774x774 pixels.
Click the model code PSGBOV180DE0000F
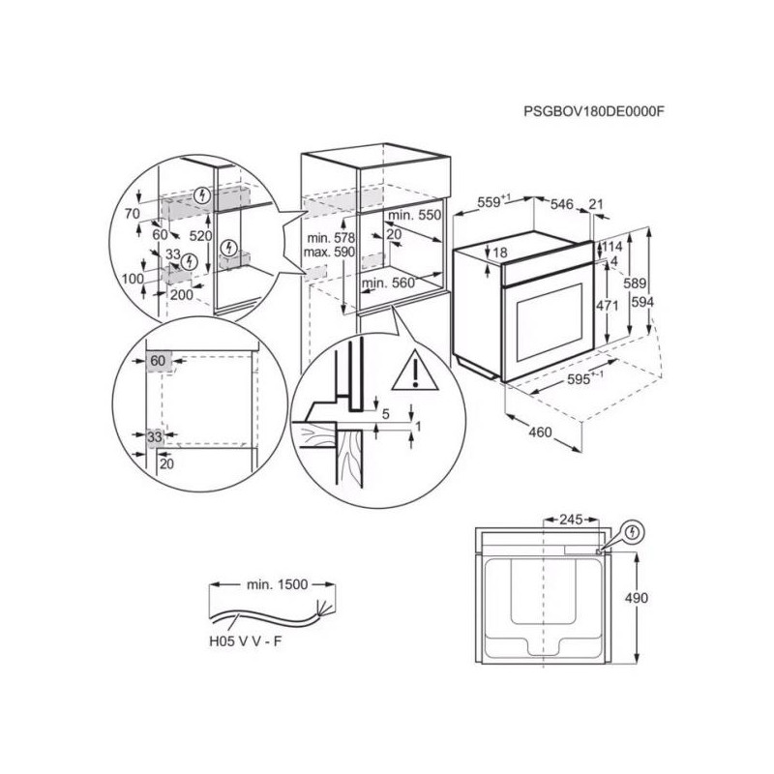pyautogui.click(x=593, y=111)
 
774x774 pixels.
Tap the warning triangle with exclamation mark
pyautogui.click(x=416, y=371)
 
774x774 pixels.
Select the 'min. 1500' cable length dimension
pyautogui.click(x=277, y=584)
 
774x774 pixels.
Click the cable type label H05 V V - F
pyautogui.click(x=246, y=641)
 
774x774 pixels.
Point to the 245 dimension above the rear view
pyautogui.click(x=571, y=520)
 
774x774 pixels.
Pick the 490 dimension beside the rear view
pyautogui.click(x=637, y=598)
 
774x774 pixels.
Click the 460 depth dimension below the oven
pyautogui.click(x=540, y=432)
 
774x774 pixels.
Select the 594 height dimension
pyautogui.click(x=642, y=302)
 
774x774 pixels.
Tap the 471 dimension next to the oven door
pyautogui.click(x=607, y=306)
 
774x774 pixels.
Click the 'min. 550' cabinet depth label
pyautogui.click(x=415, y=215)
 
